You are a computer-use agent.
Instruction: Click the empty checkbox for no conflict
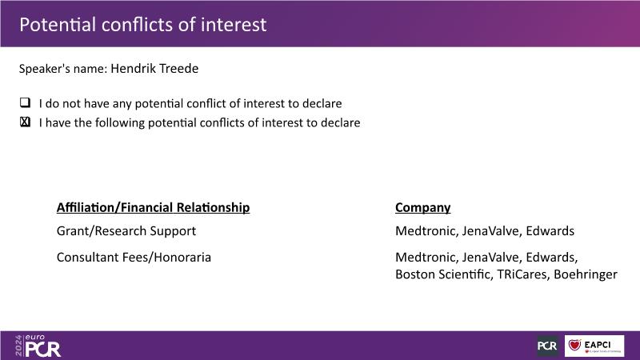point(26,102)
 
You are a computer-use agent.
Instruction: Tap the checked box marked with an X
point(26,122)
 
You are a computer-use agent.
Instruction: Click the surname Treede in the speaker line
point(178,68)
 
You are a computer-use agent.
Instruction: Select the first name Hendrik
point(133,68)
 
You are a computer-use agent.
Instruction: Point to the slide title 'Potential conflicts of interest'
point(143,25)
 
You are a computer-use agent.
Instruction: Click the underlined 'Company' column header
point(423,208)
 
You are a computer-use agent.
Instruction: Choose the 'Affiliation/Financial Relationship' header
point(153,207)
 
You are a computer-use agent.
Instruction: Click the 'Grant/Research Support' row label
point(126,231)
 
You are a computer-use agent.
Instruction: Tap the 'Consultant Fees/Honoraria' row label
point(134,258)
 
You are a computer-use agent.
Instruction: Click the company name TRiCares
point(522,274)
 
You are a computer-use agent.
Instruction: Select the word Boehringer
point(586,274)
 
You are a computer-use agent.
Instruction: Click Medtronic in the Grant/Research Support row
point(426,231)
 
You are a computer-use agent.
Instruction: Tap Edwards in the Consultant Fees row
point(551,258)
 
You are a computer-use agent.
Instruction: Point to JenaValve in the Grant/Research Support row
point(492,231)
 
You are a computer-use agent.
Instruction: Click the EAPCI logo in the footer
point(594,346)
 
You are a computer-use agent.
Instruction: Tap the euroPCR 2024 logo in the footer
point(38,346)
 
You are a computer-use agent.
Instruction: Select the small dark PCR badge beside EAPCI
point(548,346)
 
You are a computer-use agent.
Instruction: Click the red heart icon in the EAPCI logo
point(574,345)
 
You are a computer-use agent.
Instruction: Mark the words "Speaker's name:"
point(63,69)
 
